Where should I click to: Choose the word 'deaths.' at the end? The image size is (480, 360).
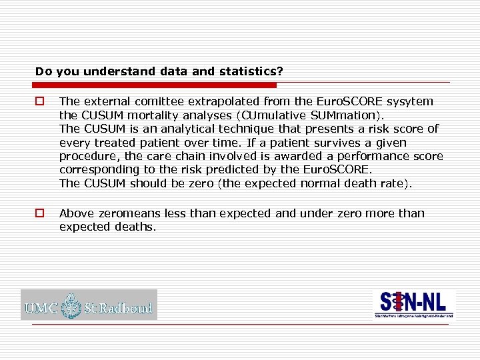[x=136, y=227]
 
